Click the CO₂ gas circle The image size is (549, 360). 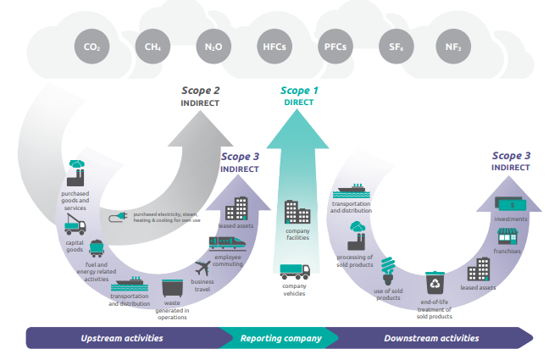coord(92,46)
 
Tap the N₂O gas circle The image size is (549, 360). coord(213,46)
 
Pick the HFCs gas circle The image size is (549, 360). coord(273,46)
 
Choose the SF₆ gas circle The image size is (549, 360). coord(393,46)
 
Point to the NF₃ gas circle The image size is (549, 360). coord(452,46)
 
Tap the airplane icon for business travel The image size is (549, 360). coord(206,269)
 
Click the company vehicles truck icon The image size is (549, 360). coord(296,272)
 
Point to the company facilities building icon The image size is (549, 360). coord(297,213)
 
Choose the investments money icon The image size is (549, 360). coord(509,205)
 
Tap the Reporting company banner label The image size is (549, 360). coord(281,338)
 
